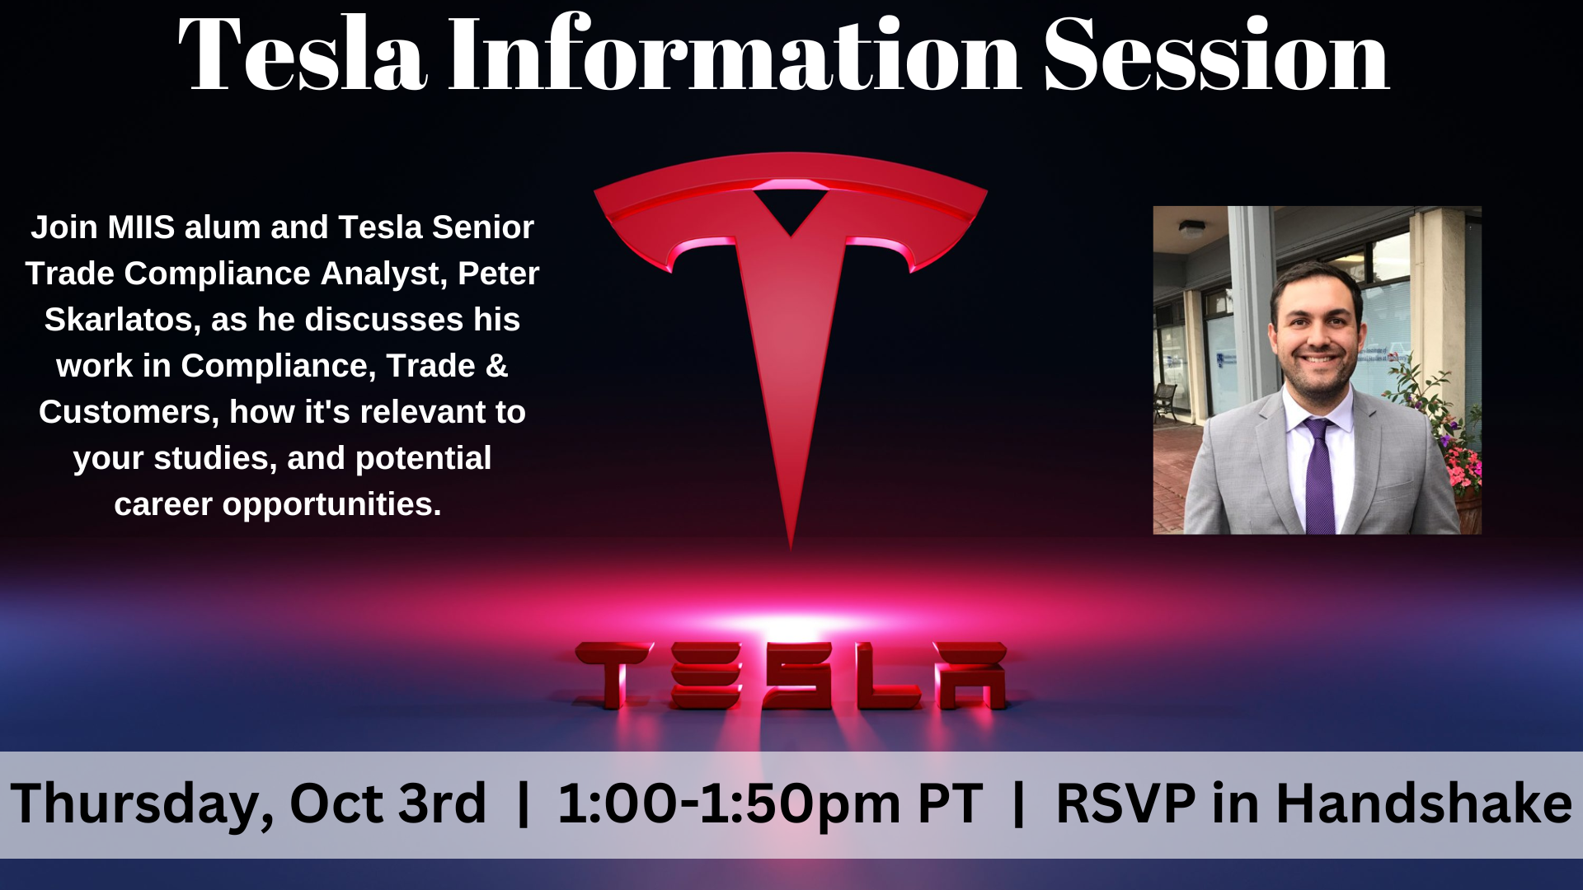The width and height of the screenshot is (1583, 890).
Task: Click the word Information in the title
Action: tap(735, 54)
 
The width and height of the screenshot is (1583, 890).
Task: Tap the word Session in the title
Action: tap(1217, 54)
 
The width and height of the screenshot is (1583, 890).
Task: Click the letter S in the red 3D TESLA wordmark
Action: tap(799, 676)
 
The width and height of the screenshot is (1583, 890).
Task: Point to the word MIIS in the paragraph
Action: tap(141, 227)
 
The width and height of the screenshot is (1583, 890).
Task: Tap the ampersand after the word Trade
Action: tap(496, 366)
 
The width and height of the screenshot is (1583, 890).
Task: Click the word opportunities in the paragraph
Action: tap(331, 504)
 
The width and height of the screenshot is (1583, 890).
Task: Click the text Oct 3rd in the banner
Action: tap(388, 803)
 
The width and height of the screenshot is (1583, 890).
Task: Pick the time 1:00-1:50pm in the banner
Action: tap(730, 804)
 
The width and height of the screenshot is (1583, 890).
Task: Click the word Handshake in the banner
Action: tap(1424, 803)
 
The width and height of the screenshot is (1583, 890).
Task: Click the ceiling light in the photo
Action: tap(1191, 227)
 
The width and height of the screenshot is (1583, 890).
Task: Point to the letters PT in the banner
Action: tap(950, 803)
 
